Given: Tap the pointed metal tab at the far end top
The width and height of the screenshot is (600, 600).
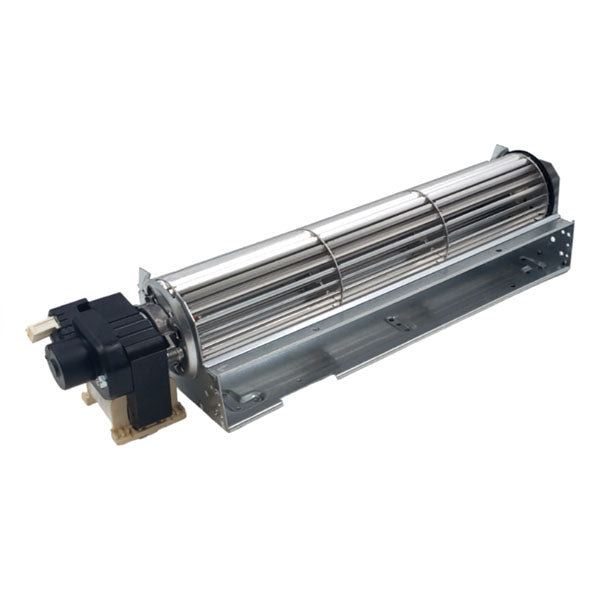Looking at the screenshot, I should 497,151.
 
